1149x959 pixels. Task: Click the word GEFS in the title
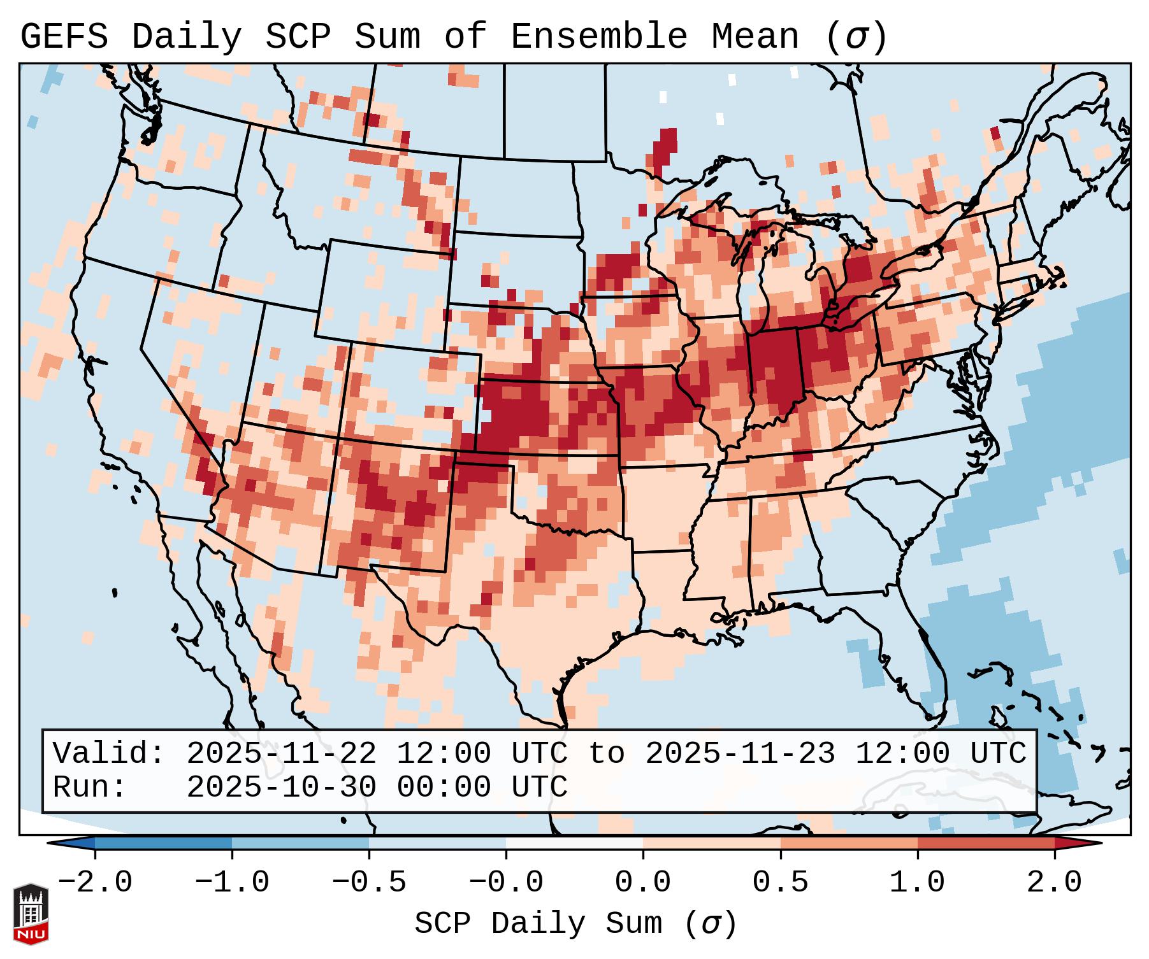pos(64,37)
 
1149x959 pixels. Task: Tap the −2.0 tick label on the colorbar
pos(95,883)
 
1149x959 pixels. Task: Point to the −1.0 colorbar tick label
pos(232,883)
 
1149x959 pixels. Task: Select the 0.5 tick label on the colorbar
pos(780,883)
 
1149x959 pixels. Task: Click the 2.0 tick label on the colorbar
pos(1054,883)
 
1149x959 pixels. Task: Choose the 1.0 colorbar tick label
pos(917,883)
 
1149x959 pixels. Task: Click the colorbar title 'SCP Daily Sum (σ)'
pos(575,923)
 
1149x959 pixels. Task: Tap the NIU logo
pos(31,914)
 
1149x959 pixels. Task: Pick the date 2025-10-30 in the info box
pos(281,787)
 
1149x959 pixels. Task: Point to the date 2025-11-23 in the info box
pos(740,753)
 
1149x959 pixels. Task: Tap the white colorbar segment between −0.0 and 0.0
pos(574,843)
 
